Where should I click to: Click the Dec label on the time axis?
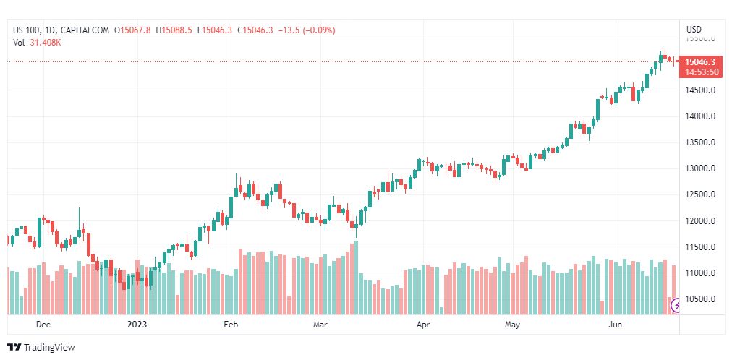(x=43, y=325)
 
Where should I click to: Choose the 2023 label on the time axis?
(x=137, y=325)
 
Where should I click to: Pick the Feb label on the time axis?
(x=230, y=325)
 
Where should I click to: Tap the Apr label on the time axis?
(x=423, y=325)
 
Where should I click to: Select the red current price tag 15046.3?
(x=700, y=62)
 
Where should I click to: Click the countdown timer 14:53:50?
(x=701, y=72)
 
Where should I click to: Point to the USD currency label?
(x=693, y=30)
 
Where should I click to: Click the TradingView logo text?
(x=49, y=348)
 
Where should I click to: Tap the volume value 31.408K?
(x=46, y=42)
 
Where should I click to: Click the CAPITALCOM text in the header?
(x=85, y=30)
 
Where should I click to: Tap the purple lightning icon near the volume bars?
(x=677, y=306)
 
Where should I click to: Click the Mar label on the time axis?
(x=320, y=325)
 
